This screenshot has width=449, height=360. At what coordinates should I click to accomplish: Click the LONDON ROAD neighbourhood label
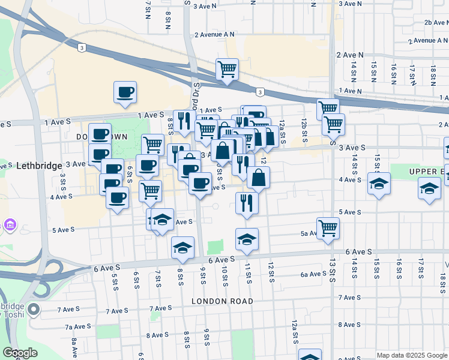(x=222, y=301)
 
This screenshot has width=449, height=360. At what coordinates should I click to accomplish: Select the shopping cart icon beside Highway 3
(x=227, y=70)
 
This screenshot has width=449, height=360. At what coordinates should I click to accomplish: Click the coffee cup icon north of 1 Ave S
(x=125, y=92)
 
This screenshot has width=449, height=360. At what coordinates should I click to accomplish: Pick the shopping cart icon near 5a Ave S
(x=328, y=228)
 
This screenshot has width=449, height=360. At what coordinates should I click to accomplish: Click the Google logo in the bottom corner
(x=20, y=353)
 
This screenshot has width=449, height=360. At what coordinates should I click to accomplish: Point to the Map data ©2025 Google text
(x=412, y=355)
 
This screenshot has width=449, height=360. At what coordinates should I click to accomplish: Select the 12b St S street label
(x=304, y=130)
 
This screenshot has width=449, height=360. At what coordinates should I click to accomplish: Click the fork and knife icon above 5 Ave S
(x=247, y=203)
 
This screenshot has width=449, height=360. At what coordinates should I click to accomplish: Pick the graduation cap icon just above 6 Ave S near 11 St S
(x=247, y=239)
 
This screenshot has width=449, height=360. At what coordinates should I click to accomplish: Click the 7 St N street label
(x=148, y=10)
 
